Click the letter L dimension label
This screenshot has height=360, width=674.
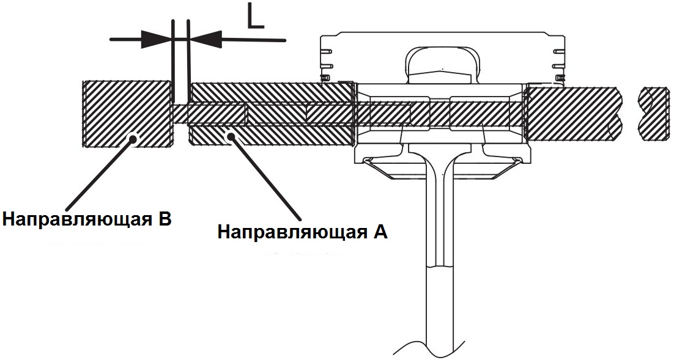[255, 17]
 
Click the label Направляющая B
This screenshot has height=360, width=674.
[86, 218]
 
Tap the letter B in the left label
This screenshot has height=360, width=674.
[163, 218]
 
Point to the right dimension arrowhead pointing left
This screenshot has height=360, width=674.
[206, 40]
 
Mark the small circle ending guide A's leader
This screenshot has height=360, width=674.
[231, 139]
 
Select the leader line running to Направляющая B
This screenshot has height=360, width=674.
[98, 175]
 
